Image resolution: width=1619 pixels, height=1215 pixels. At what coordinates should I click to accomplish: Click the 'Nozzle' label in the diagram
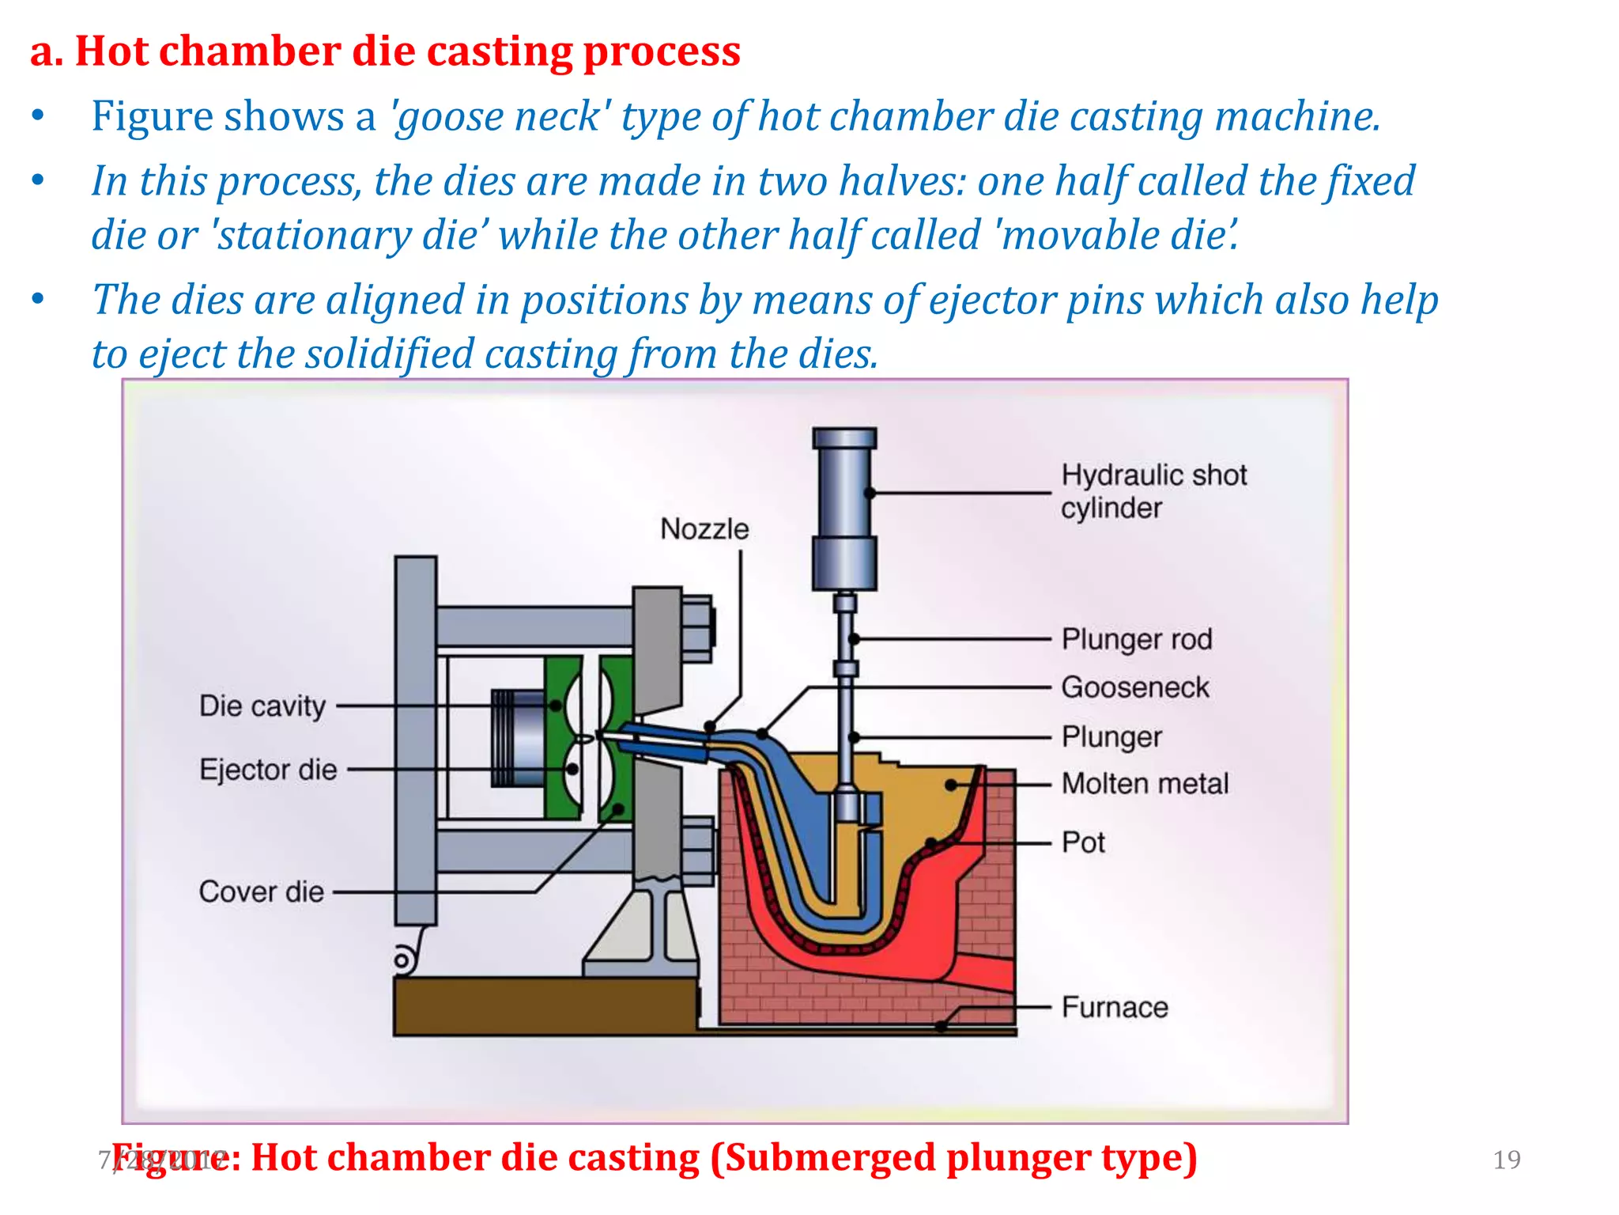coord(704,528)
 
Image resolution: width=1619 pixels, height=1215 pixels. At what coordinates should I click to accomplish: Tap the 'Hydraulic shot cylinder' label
coord(1153,491)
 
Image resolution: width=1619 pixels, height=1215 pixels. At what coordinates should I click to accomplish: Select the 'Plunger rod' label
coord(1136,639)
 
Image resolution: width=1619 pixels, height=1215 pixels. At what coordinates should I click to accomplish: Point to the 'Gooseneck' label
coord(1134,687)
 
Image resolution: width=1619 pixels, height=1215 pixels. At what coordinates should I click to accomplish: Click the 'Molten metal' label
coord(1145,784)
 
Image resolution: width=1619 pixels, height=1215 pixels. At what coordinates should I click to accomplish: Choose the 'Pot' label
coord(1083,842)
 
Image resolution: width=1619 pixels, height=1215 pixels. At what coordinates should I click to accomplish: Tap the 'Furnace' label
coord(1115,1008)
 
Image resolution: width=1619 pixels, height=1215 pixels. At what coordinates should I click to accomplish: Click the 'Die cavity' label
coord(262,706)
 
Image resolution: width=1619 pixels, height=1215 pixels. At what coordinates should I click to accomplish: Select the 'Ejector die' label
coord(268,770)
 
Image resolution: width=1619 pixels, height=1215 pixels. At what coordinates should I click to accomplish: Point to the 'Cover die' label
coord(262,892)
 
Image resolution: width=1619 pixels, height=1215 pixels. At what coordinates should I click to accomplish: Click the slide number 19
coord(1506,1160)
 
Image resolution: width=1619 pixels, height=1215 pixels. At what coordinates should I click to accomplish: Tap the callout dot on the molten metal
coord(952,785)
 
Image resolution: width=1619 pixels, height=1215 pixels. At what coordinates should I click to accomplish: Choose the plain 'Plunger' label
coord(1111,737)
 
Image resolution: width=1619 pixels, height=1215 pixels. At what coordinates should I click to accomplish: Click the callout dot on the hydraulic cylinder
coord(870,493)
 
